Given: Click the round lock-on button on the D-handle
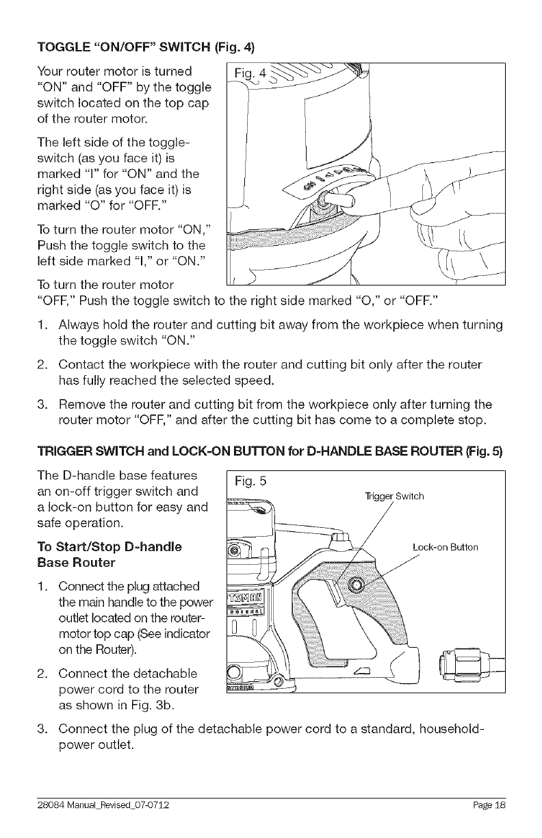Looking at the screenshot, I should click(355, 584).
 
